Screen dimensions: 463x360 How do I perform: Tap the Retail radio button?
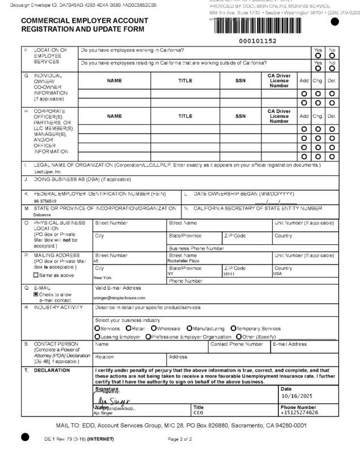point(129,329)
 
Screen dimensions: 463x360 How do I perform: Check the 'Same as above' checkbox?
point(36,275)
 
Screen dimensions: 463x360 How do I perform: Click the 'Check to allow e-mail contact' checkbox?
point(36,295)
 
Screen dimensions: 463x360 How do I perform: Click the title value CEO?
point(198,413)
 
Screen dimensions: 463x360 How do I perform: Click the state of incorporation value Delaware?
point(42,215)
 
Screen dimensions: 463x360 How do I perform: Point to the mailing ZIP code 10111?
point(228,274)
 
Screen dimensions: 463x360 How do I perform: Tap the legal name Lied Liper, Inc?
point(48,172)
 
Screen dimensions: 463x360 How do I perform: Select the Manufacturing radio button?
point(189,329)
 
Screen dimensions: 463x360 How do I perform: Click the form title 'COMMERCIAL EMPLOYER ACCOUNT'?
point(84,20)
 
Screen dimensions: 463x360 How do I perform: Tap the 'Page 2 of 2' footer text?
point(180,439)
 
